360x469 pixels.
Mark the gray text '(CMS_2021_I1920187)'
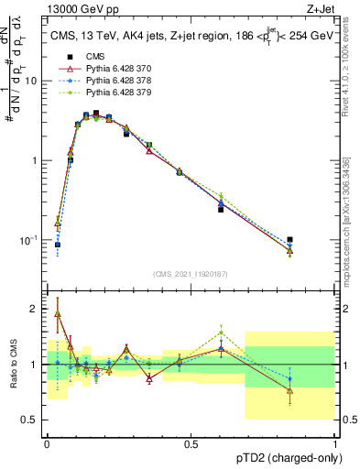tap(191, 274)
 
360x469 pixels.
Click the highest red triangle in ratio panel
tap(58, 313)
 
